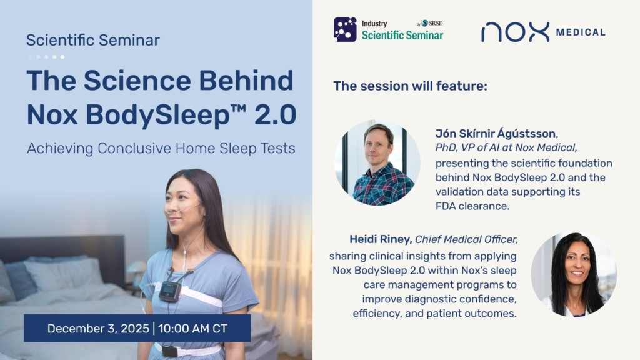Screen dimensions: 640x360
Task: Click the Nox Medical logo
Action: pos(543,32)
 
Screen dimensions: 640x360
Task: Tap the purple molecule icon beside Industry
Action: pos(345,29)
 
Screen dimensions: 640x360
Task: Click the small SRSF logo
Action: pos(429,23)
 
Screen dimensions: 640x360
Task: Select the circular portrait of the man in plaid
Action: pos(377,162)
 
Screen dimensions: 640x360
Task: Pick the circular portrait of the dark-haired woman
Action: pos(574,275)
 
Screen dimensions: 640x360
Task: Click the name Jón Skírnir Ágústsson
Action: pos(496,134)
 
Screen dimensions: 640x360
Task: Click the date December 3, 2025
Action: pos(98,329)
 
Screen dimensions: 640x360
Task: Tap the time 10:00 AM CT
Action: pos(192,329)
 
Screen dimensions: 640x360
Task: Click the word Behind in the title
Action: pos(246,81)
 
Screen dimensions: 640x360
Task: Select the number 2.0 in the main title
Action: pos(276,114)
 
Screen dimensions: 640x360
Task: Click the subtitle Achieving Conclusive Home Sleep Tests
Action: pos(161,148)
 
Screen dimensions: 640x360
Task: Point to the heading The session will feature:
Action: pos(410,86)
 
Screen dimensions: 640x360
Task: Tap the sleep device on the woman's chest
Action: pos(169,291)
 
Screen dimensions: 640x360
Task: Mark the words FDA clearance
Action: pos(472,206)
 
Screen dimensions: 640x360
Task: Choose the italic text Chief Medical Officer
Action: pos(466,239)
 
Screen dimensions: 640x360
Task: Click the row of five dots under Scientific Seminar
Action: pos(46,57)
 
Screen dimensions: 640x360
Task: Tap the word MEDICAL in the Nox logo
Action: pos(581,32)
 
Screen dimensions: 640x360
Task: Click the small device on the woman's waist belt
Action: pos(170,351)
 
